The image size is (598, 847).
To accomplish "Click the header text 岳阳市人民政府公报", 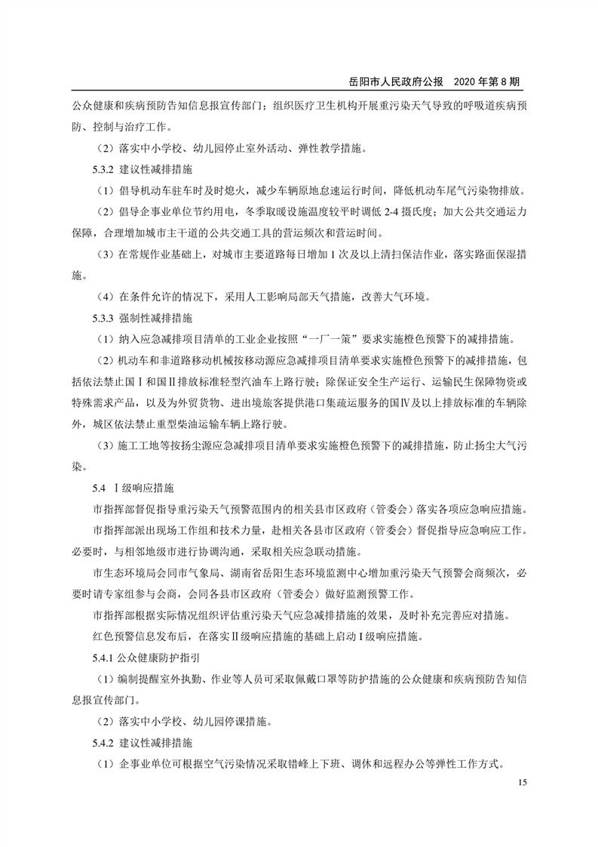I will tap(391, 80).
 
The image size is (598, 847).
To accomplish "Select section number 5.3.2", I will tap(103, 168).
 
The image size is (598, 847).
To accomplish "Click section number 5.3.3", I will tap(103, 316).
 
